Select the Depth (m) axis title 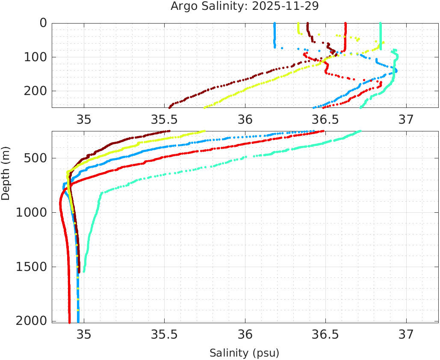[6, 172]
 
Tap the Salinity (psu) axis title [244, 353]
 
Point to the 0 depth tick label [43, 23]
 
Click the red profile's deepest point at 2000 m [70, 321]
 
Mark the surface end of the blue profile [275, 24]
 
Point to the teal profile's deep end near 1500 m [84, 271]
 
